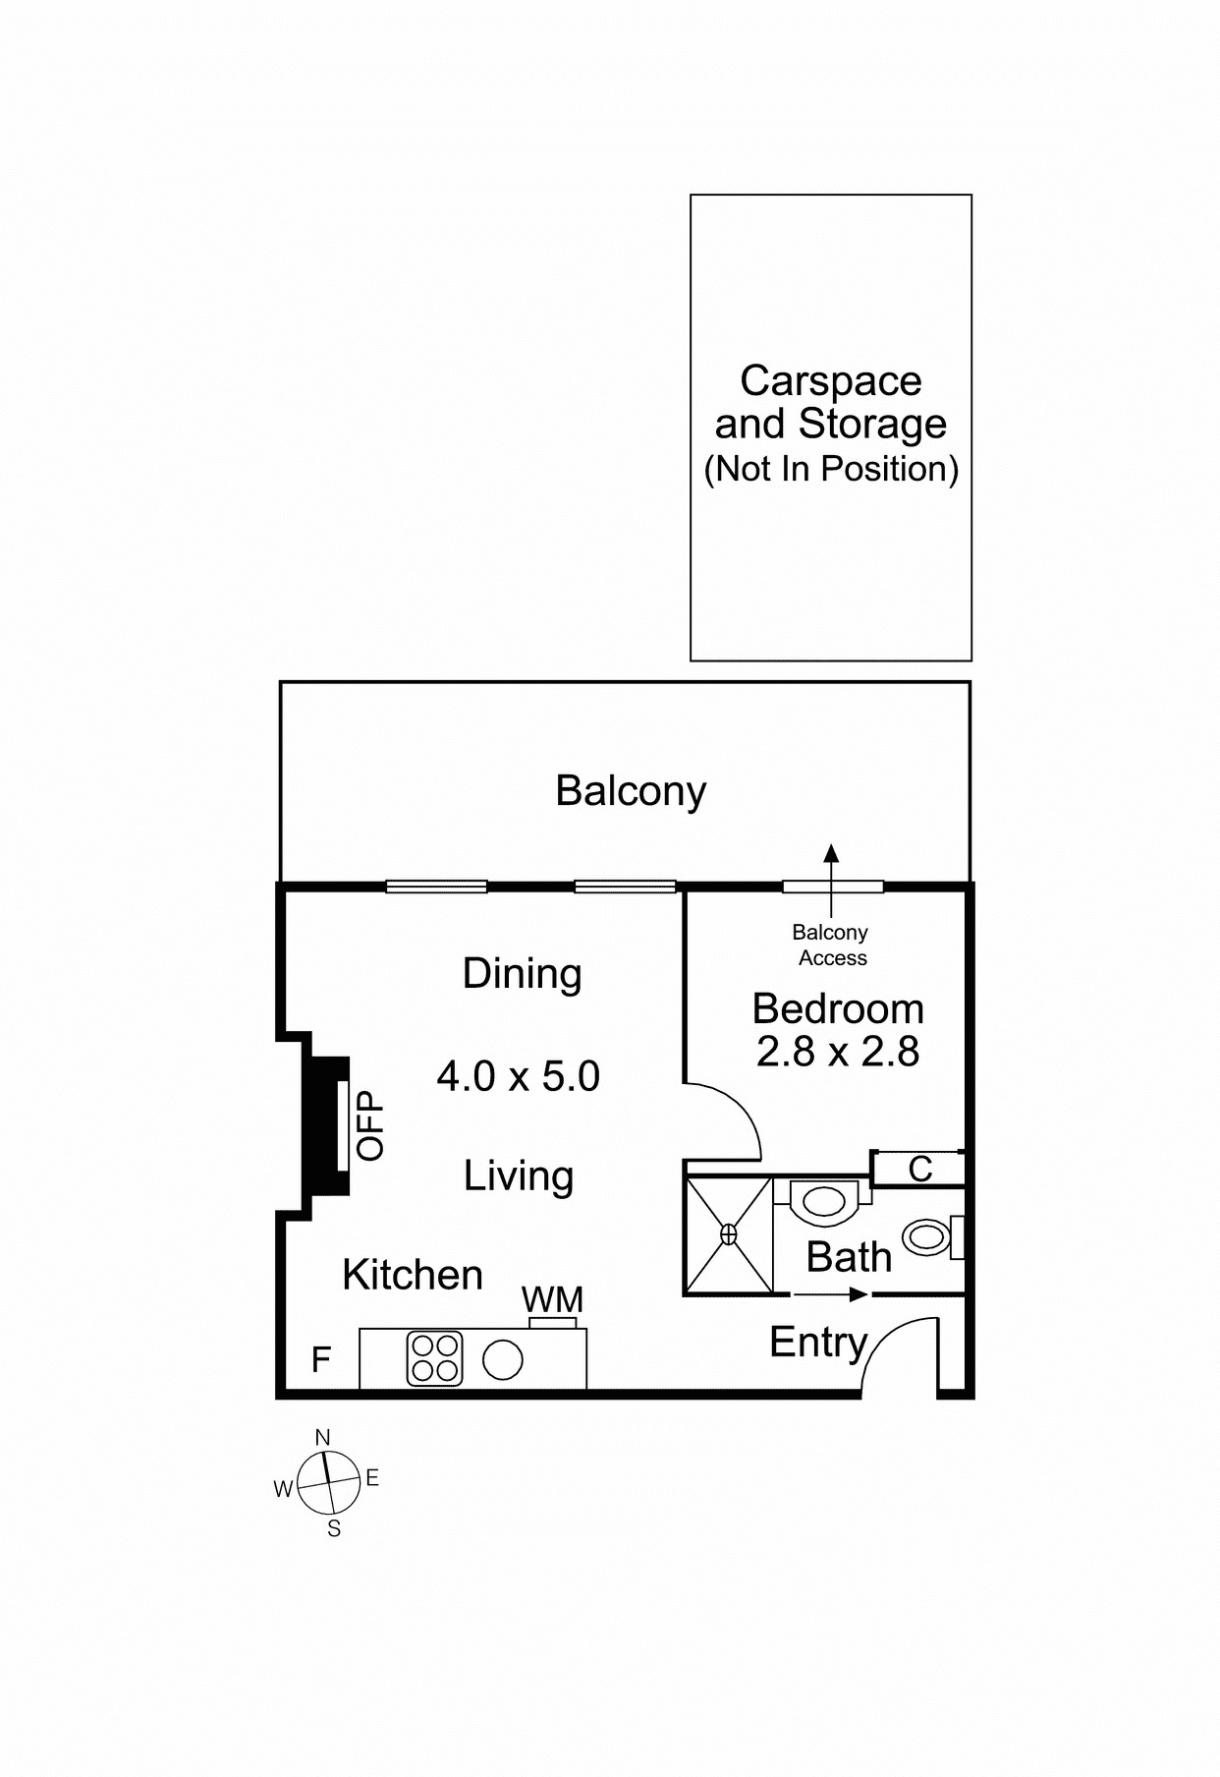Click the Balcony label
pyautogui.click(x=631, y=791)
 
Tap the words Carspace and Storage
pyautogui.click(x=830, y=403)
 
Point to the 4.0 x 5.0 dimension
pyautogui.click(x=518, y=1076)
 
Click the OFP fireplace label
pyautogui.click(x=370, y=1125)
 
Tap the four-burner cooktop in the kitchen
pyautogui.click(x=434, y=1358)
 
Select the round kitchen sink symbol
pyautogui.click(x=503, y=1360)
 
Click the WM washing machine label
pyautogui.click(x=552, y=1299)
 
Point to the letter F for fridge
pyautogui.click(x=320, y=1360)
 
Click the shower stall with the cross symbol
pyautogui.click(x=729, y=1234)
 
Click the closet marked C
pyautogui.click(x=919, y=1169)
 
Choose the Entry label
pyautogui.click(x=817, y=1343)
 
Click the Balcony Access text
pyautogui.click(x=831, y=945)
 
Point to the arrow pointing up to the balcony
pyautogui.click(x=831, y=865)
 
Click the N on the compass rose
pyautogui.click(x=322, y=1438)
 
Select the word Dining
pyautogui.click(x=522, y=974)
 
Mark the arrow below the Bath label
pyautogui.click(x=831, y=1295)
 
